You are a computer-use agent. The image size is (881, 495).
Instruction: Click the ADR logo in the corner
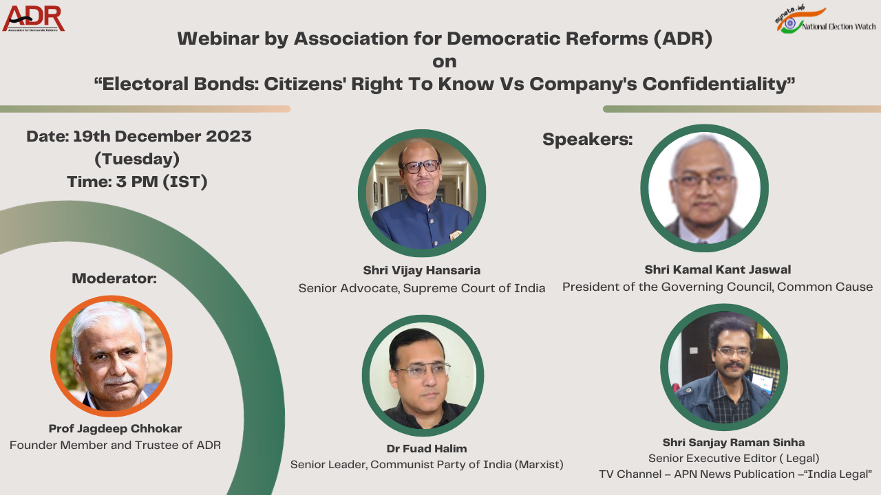33,19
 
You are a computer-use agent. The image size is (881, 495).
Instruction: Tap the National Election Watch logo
825,21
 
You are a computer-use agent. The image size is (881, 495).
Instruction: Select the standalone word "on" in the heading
444,61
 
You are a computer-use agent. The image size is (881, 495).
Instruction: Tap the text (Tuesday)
137,159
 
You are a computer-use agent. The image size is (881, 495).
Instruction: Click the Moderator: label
114,278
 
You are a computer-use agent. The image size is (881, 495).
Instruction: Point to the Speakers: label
587,139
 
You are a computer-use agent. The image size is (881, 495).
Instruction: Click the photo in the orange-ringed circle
112,355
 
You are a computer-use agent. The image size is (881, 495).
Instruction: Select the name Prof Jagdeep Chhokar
115,428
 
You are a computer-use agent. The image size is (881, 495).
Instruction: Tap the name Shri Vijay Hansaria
421,270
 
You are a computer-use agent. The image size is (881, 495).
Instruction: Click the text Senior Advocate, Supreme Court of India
421,288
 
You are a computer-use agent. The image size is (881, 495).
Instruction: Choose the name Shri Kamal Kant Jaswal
717,269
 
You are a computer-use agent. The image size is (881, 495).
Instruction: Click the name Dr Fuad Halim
426,448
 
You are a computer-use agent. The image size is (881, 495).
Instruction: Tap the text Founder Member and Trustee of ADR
115,445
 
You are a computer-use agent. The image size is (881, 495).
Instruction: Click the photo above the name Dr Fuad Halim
423,375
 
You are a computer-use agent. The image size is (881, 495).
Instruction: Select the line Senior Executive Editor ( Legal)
734,458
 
